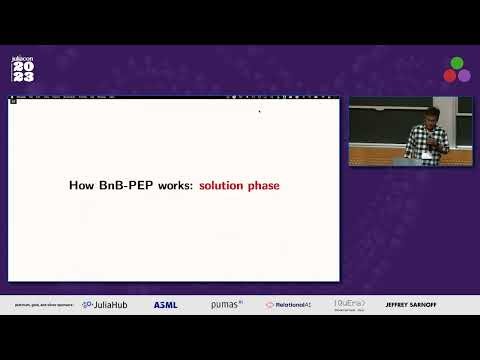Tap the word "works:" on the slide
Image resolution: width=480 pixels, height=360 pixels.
(175, 185)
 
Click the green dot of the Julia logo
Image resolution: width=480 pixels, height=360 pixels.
(457, 63)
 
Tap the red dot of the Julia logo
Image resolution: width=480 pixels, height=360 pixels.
(450, 75)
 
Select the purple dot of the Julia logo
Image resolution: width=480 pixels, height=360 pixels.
(464, 75)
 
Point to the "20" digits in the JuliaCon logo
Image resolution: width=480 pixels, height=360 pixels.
(22, 66)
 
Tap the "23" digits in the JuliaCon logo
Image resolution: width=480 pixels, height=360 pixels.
(22, 77)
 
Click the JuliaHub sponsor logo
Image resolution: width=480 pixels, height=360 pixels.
(104, 304)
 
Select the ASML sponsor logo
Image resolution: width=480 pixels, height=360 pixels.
(165, 304)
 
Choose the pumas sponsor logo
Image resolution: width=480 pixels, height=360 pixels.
(226, 304)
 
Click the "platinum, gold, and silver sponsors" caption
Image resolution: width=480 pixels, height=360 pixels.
(44, 304)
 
